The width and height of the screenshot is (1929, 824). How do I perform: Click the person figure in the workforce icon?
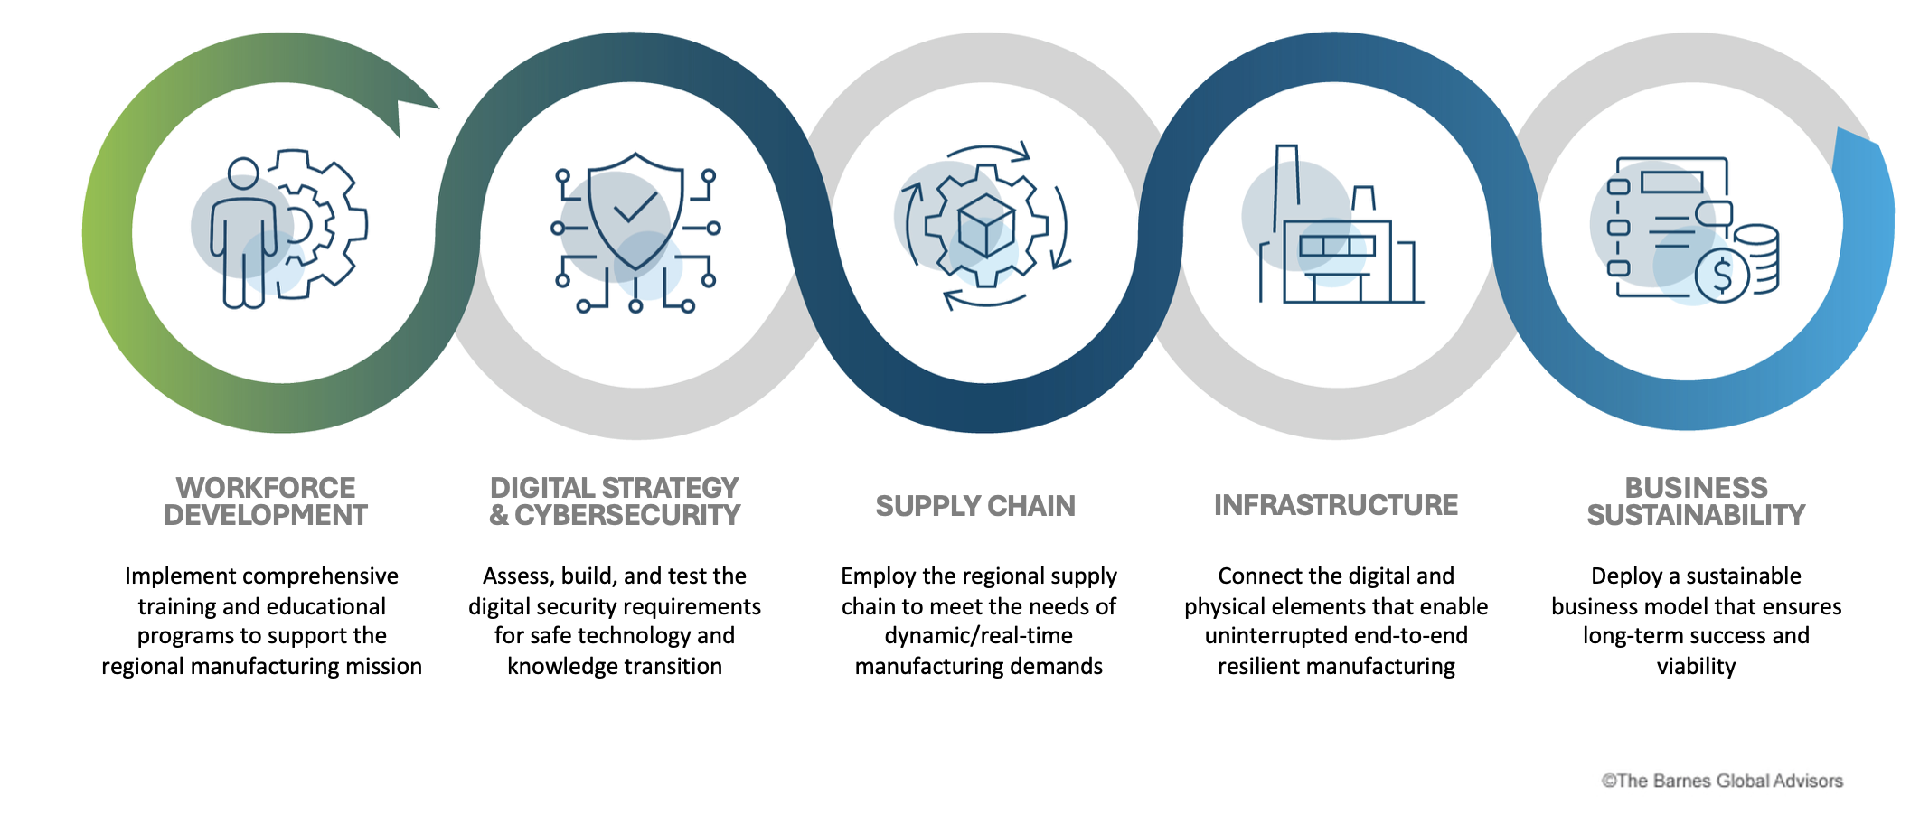pyautogui.click(x=242, y=235)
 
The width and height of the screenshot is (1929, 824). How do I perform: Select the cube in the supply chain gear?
pyautogui.click(x=985, y=224)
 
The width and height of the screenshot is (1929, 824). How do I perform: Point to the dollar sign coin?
pyautogui.click(x=1722, y=275)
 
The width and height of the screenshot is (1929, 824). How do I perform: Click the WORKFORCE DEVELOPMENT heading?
pyautogui.click(x=266, y=501)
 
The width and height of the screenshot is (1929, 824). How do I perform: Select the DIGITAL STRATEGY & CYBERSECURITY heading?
pyautogui.click(x=615, y=501)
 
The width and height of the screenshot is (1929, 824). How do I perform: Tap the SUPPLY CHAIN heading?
pyautogui.click(x=975, y=506)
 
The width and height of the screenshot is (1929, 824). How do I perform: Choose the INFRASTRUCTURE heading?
pyautogui.click(x=1335, y=505)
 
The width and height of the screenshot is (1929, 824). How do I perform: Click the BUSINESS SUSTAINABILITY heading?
pyautogui.click(x=1696, y=501)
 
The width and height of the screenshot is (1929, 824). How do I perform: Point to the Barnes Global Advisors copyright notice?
pyautogui.click(x=1721, y=781)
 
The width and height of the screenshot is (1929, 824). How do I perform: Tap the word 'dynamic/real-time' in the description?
pyautogui.click(x=978, y=636)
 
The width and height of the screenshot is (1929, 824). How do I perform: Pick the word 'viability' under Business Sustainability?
pyautogui.click(x=1696, y=667)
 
